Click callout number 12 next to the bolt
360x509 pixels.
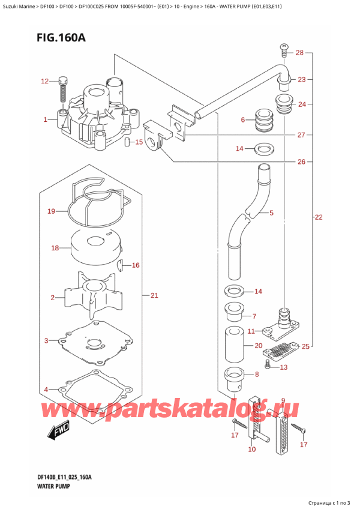coord(44,81)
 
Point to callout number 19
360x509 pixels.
coord(51,211)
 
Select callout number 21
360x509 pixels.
coord(154,295)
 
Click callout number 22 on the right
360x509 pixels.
coord(318,217)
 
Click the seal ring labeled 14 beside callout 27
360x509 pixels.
coord(262,148)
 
